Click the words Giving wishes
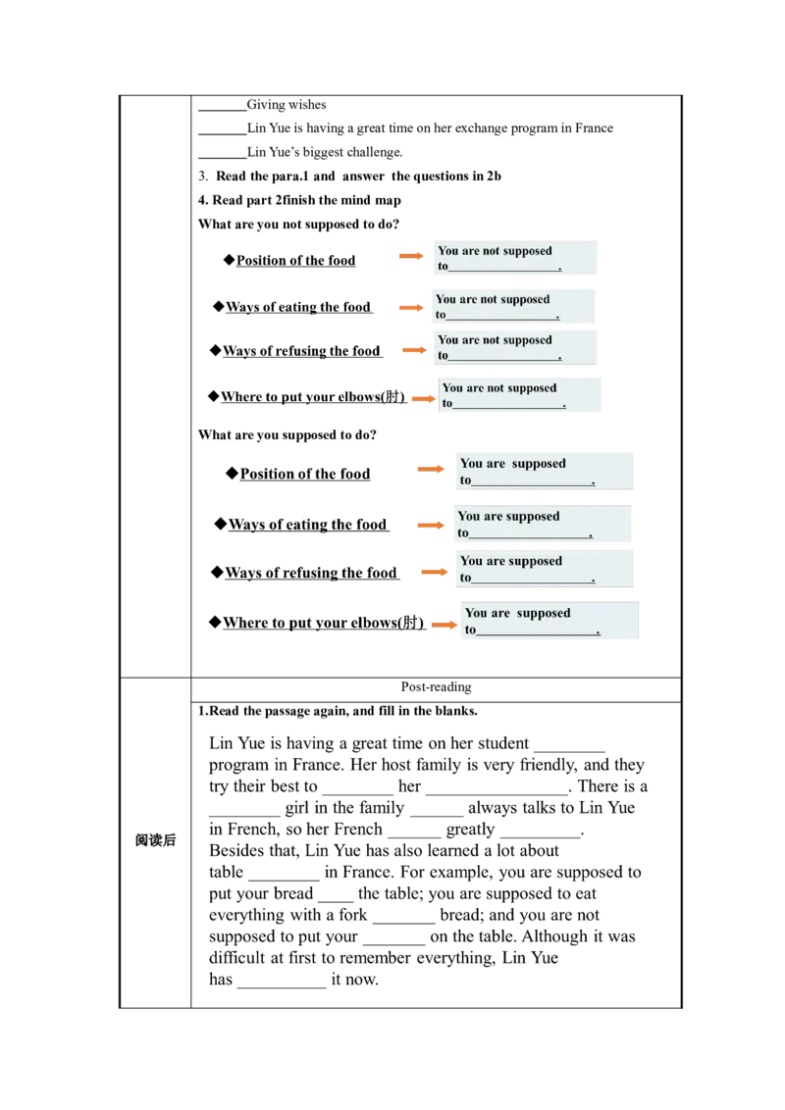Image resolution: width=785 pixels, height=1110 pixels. [x=287, y=105]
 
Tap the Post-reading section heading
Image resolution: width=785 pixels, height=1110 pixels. [x=436, y=686]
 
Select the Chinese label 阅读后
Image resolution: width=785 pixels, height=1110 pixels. [x=155, y=840]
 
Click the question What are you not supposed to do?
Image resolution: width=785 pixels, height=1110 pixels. [x=298, y=224]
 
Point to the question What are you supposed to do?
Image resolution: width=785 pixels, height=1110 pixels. [x=287, y=434]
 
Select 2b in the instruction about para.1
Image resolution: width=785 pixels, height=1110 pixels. [x=494, y=177]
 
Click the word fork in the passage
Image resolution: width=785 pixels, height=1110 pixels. [x=353, y=915]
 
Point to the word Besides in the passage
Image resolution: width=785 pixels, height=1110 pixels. [x=237, y=850]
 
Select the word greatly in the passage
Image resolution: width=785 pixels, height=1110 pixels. [x=470, y=829]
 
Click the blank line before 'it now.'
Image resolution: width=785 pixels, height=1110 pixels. [x=282, y=986]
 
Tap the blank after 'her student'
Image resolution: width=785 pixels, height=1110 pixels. [x=570, y=750]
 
